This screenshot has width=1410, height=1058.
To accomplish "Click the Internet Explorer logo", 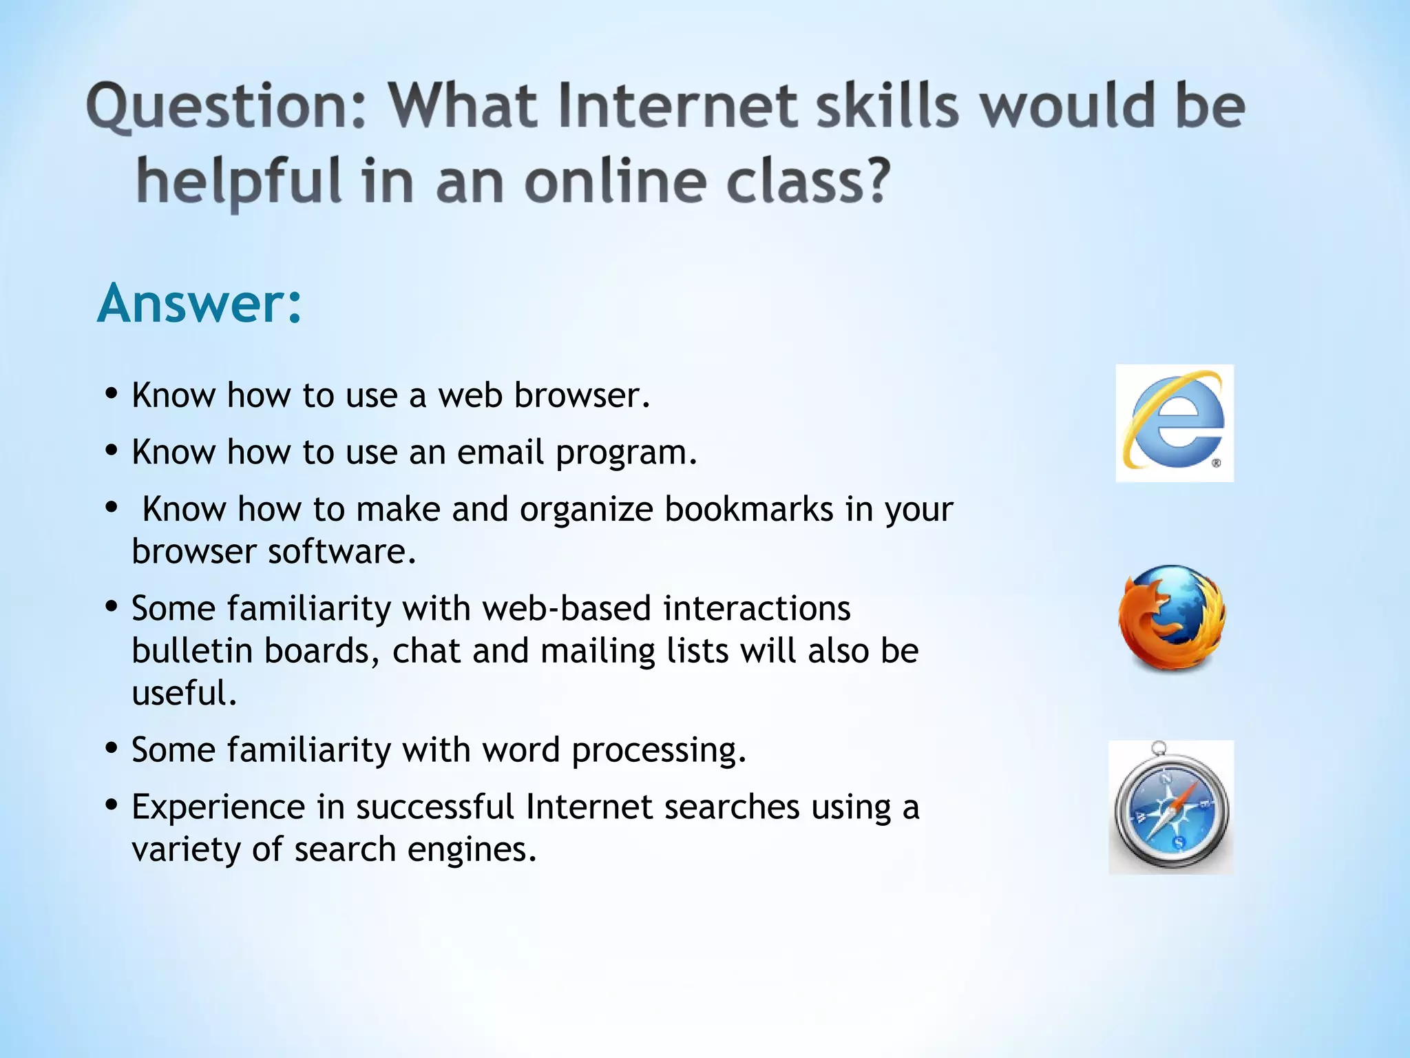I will (1175, 423).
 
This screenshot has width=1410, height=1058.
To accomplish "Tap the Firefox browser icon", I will (1172, 618).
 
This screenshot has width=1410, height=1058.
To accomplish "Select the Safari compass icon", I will (1171, 807).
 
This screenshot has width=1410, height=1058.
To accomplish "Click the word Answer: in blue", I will (200, 303).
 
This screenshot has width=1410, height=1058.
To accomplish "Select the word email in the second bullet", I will (501, 453).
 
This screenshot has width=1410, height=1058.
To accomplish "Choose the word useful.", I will (185, 694).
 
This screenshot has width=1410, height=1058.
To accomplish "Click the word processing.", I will (659, 750).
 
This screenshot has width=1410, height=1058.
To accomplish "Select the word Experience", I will (218, 807).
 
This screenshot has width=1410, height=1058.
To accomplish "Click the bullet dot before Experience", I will (112, 805).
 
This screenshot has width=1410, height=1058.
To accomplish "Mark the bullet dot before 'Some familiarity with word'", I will (112, 747).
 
